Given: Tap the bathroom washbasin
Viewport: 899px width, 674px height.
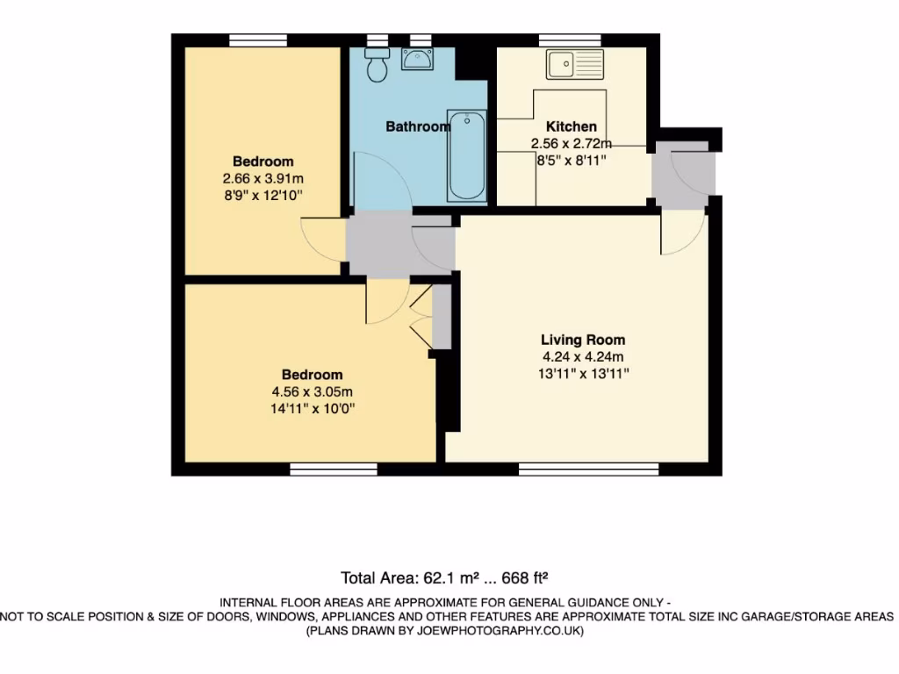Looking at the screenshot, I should pyautogui.click(x=416, y=59).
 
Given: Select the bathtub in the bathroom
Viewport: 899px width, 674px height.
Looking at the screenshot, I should pyautogui.click(x=466, y=155).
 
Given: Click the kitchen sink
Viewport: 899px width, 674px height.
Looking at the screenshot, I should pyautogui.click(x=574, y=64).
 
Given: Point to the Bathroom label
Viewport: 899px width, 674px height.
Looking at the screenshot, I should pyautogui.click(x=418, y=126).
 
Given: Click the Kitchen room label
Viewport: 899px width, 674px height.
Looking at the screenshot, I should pyautogui.click(x=572, y=126).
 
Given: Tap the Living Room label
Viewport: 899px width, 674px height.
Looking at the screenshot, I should pyautogui.click(x=583, y=340).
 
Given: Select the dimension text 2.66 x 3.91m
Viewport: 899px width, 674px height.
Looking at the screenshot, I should pyautogui.click(x=263, y=178).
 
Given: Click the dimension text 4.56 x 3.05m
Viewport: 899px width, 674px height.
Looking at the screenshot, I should pyautogui.click(x=313, y=391).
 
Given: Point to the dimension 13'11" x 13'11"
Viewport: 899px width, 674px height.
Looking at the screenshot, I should pyautogui.click(x=583, y=373).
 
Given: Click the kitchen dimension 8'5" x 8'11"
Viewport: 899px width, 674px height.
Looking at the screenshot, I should pyautogui.click(x=572, y=160).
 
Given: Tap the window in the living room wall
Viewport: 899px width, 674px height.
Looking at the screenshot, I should pyautogui.click(x=588, y=470).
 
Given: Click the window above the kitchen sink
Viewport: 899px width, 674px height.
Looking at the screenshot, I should pyautogui.click(x=570, y=39).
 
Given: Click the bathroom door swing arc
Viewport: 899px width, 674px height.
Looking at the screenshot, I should pyautogui.click(x=382, y=180).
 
